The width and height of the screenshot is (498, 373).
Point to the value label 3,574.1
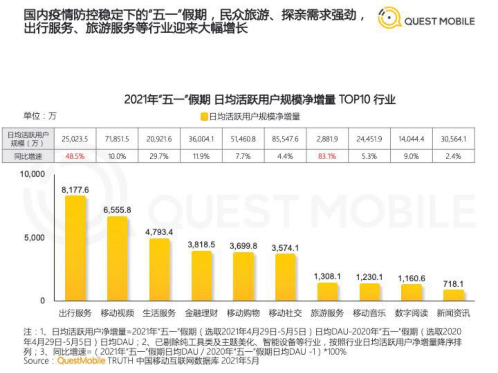coord(286,248)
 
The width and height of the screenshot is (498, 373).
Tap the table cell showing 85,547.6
coord(286,139)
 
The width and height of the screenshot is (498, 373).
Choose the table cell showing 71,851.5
coord(117,139)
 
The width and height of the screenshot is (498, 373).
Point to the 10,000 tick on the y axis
coord(32,174)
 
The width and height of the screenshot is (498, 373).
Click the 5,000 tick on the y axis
coord(35,238)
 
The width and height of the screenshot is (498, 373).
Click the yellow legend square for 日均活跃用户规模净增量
coord(204,117)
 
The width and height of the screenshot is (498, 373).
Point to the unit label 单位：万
coord(39,116)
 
